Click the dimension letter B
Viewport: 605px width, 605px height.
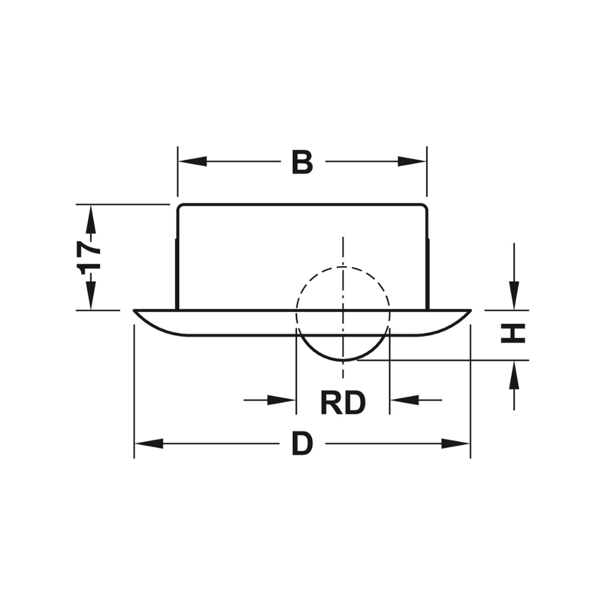(x=302, y=162)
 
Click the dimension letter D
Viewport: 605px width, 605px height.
(x=302, y=444)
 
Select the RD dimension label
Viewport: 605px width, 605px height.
(x=342, y=403)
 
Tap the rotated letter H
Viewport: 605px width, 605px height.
(x=513, y=333)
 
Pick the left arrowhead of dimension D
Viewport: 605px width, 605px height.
(x=149, y=444)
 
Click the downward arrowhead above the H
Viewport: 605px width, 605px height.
(x=514, y=296)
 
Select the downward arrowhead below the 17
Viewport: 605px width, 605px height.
(x=91, y=296)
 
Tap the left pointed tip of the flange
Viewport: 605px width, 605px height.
(x=136, y=312)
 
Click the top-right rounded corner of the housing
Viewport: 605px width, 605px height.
(x=425, y=207)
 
